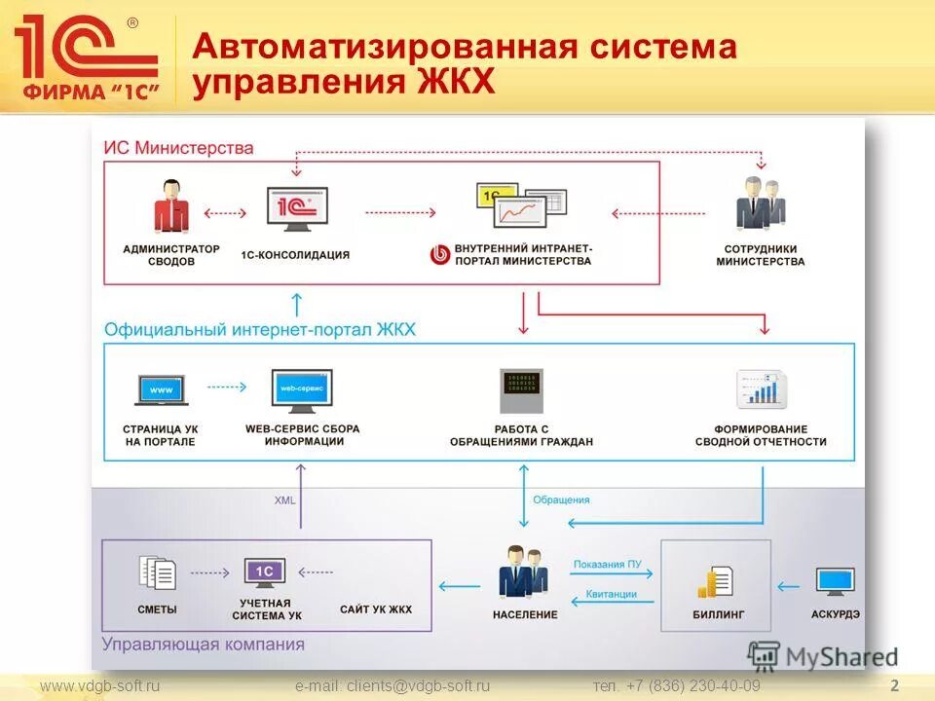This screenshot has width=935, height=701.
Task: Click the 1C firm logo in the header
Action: pyautogui.click(x=86, y=58)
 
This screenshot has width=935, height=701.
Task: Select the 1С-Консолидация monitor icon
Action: pyautogui.click(x=297, y=208)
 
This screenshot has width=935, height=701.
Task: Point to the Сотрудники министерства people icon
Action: pyautogui.click(x=760, y=204)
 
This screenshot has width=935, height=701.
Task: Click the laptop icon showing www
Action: pyautogui.click(x=161, y=390)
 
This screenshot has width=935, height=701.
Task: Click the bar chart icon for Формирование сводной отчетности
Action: pyautogui.click(x=761, y=390)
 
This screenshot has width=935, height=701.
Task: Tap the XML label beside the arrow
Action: pyautogui.click(x=284, y=499)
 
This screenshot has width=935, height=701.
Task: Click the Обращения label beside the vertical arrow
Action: pyautogui.click(x=561, y=499)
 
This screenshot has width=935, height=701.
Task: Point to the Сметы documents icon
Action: pyautogui.click(x=158, y=573)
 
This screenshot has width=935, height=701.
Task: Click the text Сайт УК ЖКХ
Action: pyautogui.click(x=376, y=609)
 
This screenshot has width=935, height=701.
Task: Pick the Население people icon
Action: pyautogui.click(x=523, y=572)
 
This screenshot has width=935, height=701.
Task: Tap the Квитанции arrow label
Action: pyautogui.click(x=611, y=594)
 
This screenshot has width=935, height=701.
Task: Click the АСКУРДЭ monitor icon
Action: pyautogui.click(x=835, y=582)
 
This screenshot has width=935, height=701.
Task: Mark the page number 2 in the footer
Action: pyautogui.click(x=894, y=686)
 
